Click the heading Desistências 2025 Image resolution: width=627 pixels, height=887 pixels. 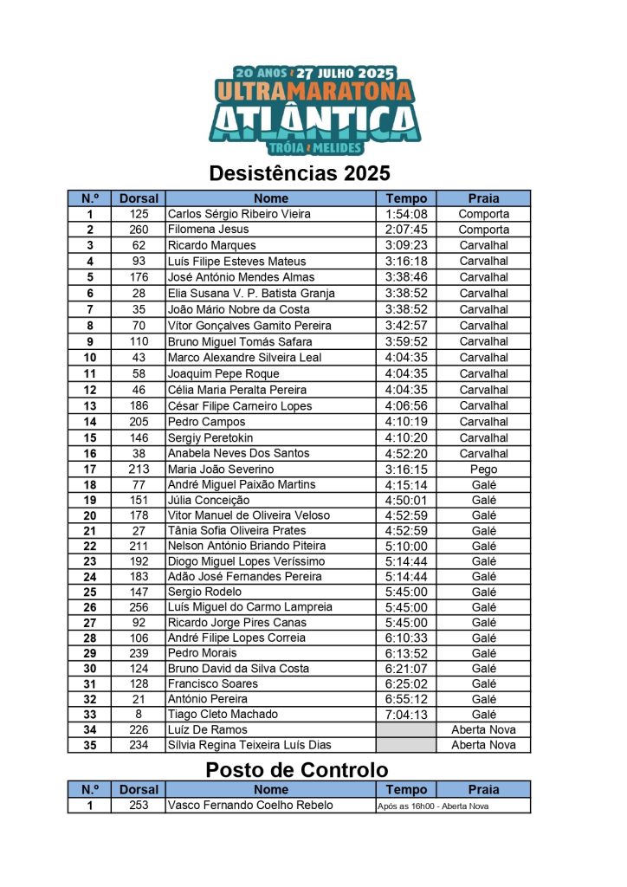click(x=300, y=173)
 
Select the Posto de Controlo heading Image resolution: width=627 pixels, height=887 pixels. click(x=297, y=769)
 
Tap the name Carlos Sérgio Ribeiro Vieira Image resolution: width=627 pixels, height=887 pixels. click(x=239, y=214)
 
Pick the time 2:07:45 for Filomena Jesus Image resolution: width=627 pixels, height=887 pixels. click(x=406, y=230)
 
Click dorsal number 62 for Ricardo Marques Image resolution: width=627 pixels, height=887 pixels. click(x=139, y=245)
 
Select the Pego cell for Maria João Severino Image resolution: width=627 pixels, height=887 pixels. click(x=483, y=469)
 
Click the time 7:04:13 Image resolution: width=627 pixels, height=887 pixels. click(x=406, y=715)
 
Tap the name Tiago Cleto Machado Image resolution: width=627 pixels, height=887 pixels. click(x=223, y=715)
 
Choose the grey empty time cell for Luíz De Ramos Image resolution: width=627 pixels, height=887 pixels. click(x=406, y=730)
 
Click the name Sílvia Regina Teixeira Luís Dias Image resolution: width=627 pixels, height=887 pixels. click(x=249, y=745)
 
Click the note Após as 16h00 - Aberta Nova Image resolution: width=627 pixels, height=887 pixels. click(x=433, y=806)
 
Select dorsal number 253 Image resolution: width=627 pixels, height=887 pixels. click(x=139, y=805)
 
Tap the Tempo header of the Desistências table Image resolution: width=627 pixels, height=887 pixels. click(x=406, y=198)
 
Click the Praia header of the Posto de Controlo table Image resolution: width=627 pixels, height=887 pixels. click(x=483, y=789)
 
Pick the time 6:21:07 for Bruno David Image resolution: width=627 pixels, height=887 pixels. click(x=406, y=669)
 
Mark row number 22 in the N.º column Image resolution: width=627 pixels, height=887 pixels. click(x=90, y=546)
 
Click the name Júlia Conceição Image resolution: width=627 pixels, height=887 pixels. click(x=209, y=500)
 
